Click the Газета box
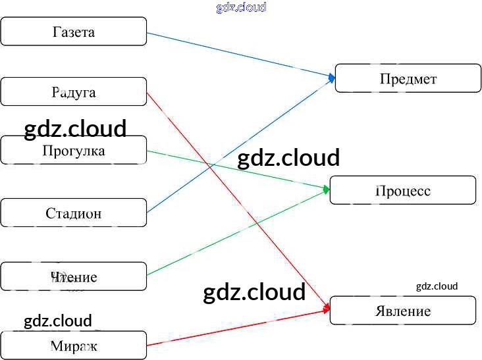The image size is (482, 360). point(73,32)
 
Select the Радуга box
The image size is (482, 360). point(73,91)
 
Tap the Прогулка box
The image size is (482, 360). point(73,151)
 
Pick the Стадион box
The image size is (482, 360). point(73,213)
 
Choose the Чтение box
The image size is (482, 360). point(73,276)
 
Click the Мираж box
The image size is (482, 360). point(73,345)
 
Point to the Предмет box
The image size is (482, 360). point(408,78)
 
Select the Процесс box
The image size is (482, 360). point(402,190)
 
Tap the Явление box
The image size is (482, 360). point(402,310)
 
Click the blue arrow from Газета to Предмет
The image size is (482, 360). point(237,54)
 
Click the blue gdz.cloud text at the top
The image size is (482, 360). point(241,7)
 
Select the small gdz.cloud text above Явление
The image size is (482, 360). point(437,286)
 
